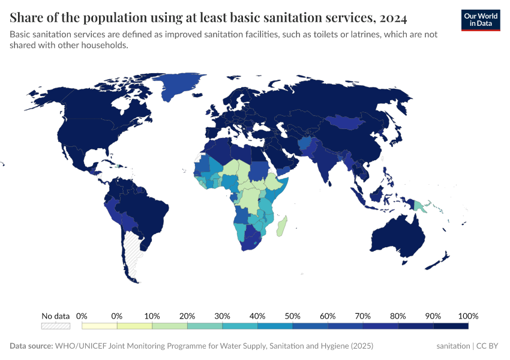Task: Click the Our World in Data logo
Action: (480, 20)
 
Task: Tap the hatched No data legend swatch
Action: (55, 326)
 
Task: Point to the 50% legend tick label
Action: (292, 316)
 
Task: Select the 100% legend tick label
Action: (467, 316)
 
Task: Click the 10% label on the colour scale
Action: (152, 316)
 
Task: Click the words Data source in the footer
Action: (31, 346)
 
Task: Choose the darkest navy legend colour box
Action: (451, 326)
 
